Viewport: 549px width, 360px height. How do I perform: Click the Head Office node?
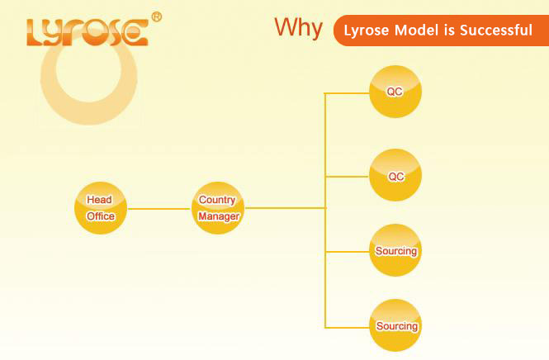coord(101,208)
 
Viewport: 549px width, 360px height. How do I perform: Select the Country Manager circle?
coord(218,208)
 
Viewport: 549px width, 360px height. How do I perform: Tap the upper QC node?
coord(395,92)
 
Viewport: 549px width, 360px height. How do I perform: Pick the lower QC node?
coord(395,175)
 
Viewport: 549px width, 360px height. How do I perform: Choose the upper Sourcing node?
coord(395,250)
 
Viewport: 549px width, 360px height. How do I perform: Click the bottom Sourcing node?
coord(395,325)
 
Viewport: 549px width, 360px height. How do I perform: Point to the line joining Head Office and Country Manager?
coord(159,209)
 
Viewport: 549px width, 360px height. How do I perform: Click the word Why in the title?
coord(298,28)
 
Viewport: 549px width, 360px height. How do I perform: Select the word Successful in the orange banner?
coord(496,30)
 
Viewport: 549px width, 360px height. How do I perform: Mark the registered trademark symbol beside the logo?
coord(156,17)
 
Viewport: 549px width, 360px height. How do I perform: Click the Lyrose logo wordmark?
coord(88,32)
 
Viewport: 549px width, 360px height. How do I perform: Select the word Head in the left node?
coord(99,200)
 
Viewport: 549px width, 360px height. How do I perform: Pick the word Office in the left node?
coord(101,216)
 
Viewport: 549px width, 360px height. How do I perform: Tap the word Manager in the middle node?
coord(219,216)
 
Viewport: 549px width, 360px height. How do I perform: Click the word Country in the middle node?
coord(217,200)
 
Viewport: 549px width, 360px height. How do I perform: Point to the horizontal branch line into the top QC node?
coord(347,93)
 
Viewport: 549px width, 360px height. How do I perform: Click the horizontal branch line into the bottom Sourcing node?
coord(347,328)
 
